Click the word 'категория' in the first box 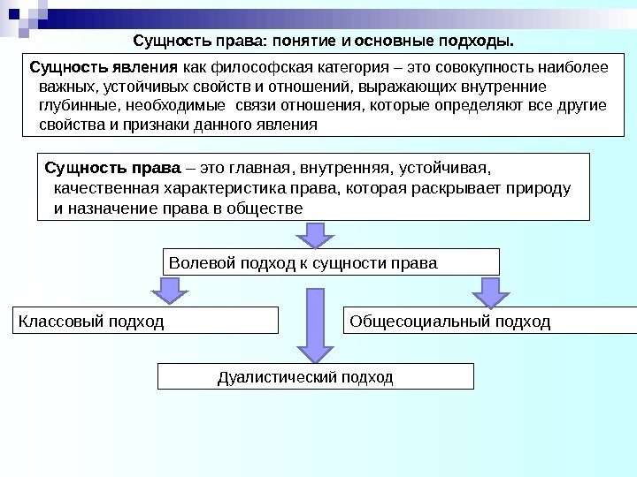[341, 68]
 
